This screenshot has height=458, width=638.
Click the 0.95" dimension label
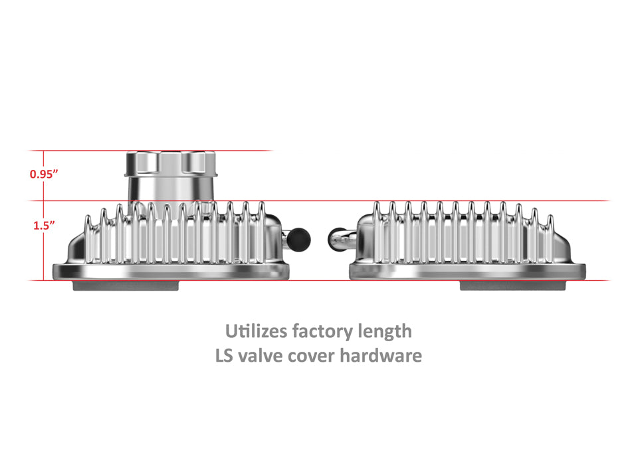click(45, 174)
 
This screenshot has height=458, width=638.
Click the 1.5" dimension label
click(45, 224)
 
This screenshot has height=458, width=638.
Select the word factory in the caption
click(324, 331)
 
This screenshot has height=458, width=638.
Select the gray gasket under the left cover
click(126, 285)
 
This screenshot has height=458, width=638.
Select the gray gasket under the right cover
click(514, 285)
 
